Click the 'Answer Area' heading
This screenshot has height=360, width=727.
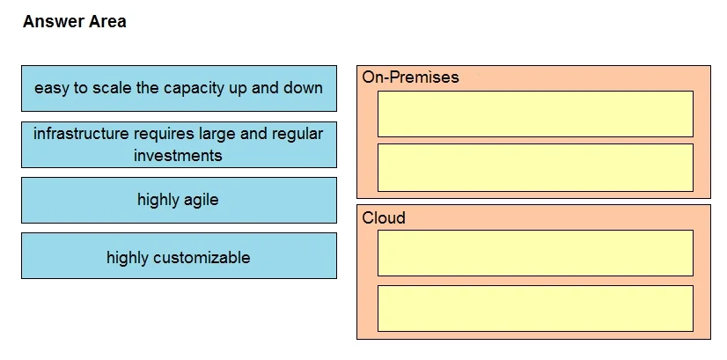click(75, 21)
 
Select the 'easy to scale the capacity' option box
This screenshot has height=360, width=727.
click(179, 88)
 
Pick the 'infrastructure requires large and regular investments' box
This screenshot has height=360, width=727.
click(179, 144)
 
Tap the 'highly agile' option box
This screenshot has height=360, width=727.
click(179, 200)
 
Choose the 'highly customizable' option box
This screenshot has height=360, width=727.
click(179, 255)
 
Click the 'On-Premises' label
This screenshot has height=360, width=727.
click(410, 77)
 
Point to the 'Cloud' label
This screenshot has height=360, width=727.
click(384, 217)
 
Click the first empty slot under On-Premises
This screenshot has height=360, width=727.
click(535, 114)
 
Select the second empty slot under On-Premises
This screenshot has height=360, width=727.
click(535, 167)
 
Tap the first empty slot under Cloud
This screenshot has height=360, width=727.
click(535, 253)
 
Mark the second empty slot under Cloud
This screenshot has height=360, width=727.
click(535, 308)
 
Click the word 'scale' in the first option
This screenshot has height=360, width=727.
click(112, 88)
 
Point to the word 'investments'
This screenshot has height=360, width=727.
click(178, 155)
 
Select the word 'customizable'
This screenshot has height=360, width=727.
click(202, 257)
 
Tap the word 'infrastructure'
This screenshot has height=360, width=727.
click(81, 134)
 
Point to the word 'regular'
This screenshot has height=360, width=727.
click(297, 135)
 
